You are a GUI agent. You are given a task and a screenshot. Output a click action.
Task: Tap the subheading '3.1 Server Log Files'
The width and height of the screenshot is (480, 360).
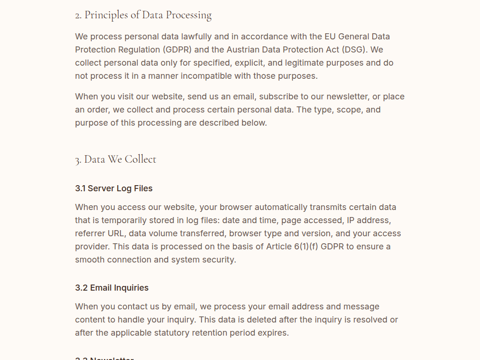[x=114, y=188]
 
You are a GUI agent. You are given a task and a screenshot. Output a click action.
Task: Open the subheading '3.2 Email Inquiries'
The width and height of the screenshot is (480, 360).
[x=112, y=288]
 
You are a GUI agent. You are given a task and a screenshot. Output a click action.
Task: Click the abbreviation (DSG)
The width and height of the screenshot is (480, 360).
[x=355, y=50]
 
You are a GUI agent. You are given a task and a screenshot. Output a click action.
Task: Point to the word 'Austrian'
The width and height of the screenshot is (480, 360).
[x=243, y=50]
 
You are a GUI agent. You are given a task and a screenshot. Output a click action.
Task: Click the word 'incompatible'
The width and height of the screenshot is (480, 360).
[x=216, y=76]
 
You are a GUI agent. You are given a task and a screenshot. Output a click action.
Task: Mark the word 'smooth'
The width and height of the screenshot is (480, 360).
[x=90, y=260]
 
